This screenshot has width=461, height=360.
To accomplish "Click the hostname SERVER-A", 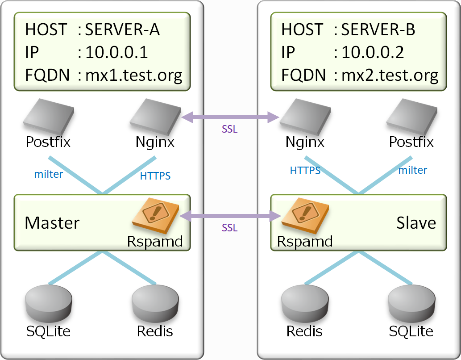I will (122, 29).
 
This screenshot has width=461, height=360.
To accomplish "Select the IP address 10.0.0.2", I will (373, 52).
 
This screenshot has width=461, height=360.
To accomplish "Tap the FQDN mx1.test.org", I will (134, 75).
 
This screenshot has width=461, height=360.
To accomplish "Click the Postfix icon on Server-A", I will (48, 117).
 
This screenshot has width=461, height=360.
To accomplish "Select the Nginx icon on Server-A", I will (155, 117).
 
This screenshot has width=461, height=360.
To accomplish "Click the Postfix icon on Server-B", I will (411, 117).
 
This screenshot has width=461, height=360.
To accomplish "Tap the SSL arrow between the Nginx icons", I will (230, 118).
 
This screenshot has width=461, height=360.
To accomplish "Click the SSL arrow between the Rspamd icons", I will (230, 217).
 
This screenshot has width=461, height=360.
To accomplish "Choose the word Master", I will (52, 222).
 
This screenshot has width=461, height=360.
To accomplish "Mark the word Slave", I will (416, 222).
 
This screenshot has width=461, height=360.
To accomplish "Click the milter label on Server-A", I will (49, 174).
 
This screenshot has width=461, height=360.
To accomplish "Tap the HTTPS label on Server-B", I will (305, 170).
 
